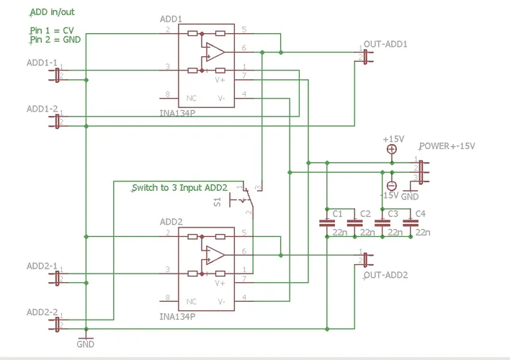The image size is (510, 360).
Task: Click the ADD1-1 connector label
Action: pyautogui.click(x=42, y=63)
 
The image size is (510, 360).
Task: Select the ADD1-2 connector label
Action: pyautogui.click(x=42, y=109)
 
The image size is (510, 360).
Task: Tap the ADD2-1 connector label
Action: pyautogui.click(x=42, y=266)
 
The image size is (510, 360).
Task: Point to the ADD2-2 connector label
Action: pyautogui.click(x=42, y=312)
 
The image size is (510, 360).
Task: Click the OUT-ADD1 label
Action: pyautogui.click(x=386, y=45)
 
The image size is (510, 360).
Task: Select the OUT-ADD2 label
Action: pyautogui.click(x=386, y=275)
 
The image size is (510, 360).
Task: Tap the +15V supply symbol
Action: pyautogui.click(x=391, y=149)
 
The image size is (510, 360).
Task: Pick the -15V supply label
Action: pyautogui.click(x=390, y=196)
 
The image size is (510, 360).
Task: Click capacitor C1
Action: pyautogui.click(x=328, y=224)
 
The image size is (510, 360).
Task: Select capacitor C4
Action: pyautogui.click(x=411, y=224)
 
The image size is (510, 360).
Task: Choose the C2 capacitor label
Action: pyautogui.click(x=365, y=214)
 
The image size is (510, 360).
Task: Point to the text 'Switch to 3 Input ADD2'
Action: pyautogui.click(x=179, y=188)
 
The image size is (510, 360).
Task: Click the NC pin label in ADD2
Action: pyautogui.click(x=192, y=300)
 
